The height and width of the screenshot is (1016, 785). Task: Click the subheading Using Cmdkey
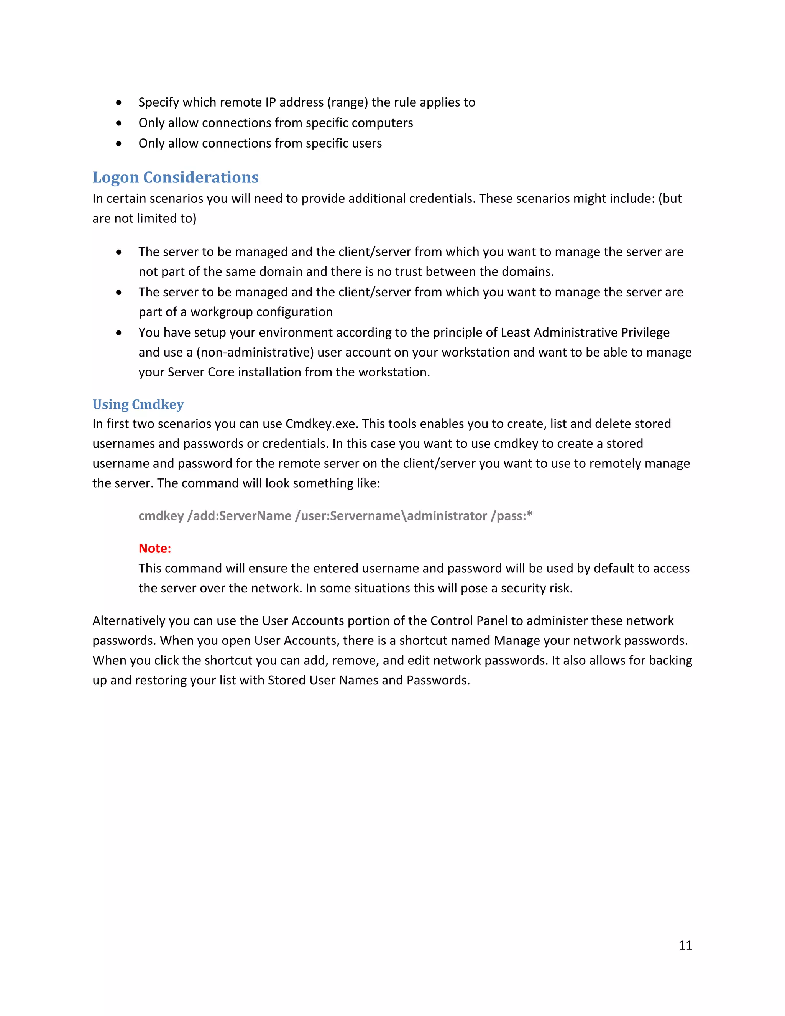tap(138, 404)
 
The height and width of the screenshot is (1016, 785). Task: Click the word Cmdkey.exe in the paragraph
tap(321, 423)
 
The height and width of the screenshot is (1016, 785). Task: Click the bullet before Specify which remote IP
tap(119, 102)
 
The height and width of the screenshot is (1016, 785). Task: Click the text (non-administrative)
tap(255, 352)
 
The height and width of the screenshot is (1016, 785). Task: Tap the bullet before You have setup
tap(119, 333)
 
